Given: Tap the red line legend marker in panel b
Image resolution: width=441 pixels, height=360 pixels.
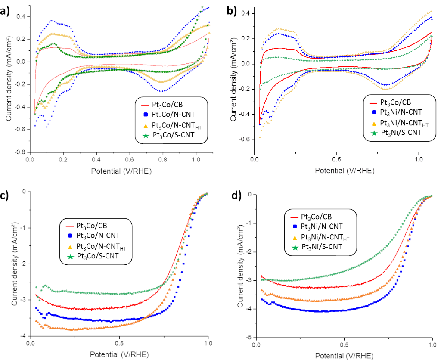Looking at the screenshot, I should (373, 102).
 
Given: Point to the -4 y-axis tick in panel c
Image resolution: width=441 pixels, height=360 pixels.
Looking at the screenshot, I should (24, 336).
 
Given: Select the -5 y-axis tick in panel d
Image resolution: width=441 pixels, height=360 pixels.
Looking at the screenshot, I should (250, 338).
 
